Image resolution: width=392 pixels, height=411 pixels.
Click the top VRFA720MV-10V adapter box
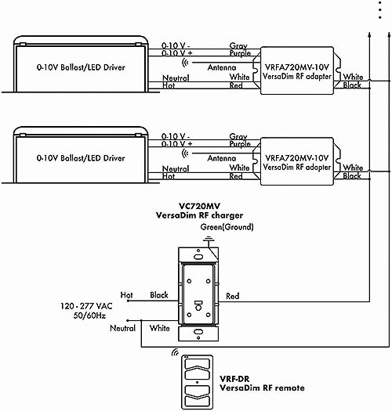pos(297,70)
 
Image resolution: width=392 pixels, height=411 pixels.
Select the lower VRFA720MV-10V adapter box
pos(297,161)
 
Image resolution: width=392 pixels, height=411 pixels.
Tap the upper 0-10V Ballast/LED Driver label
pos(81,67)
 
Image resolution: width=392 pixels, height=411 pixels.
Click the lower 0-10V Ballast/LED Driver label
pos(81,158)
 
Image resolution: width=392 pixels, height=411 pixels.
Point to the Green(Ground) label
pos(227,227)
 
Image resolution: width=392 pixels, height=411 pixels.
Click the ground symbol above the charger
pos(209,239)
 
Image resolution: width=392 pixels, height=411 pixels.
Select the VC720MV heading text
pos(199,206)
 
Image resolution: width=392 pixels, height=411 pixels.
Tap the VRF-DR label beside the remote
pos(234,379)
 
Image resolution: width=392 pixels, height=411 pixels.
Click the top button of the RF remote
pos(198,364)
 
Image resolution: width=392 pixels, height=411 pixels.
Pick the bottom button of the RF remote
pos(198,402)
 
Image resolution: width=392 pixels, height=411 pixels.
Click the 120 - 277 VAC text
pos(86,306)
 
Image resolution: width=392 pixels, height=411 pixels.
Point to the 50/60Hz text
pos(89,315)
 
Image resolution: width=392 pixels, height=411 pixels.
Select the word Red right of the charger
pos(233,296)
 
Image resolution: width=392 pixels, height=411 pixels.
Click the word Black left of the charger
pos(159,295)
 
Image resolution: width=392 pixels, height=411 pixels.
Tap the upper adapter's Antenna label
pos(222,67)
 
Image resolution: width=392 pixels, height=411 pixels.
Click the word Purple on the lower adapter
pos(240,144)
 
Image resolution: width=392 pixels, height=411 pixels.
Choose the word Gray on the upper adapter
pos(238,46)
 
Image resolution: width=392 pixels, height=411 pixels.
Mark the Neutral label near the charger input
pos(122,328)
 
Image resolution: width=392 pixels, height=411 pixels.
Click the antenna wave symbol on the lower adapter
pos(186,153)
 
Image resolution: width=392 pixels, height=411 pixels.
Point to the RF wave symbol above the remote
pos(175,352)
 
